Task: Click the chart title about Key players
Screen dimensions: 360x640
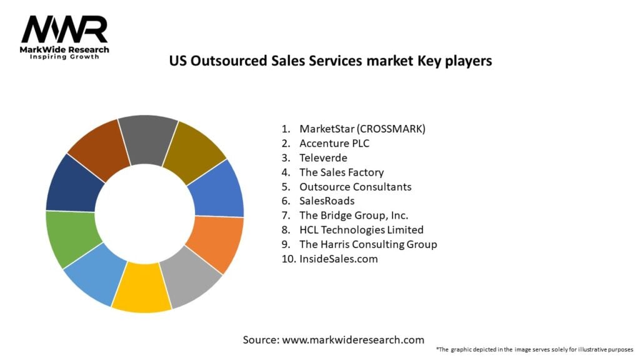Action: pyautogui.click(x=331, y=61)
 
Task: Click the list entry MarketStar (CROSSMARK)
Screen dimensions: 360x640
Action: pyautogui.click(x=362, y=129)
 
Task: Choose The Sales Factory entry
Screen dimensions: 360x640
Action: pyautogui.click(x=341, y=172)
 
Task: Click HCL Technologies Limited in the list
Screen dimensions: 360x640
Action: pyautogui.click(x=361, y=229)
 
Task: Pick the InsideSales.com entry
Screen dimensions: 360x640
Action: pyautogui.click(x=338, y=258)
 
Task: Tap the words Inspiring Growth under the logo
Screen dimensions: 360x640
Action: pyautogui.click(x=65, y=57)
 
